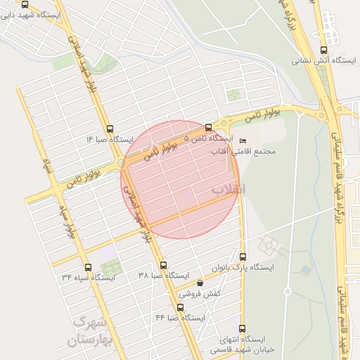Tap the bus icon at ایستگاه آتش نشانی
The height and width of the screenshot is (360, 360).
pyautogui.click(x=323, y=50)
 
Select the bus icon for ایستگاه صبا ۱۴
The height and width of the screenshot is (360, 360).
pyautogui.click(x=109, y=129)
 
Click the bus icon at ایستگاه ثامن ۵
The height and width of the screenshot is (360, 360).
pyautogui.click(x=207, y=127)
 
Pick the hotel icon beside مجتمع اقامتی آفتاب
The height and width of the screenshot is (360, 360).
pyautogui.click(x=243, y=140)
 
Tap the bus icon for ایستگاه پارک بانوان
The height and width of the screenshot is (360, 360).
pyautogui.click(x=243, y=257)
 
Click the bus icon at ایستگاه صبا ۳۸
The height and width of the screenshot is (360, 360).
pyautogui.click(x=164, y=265)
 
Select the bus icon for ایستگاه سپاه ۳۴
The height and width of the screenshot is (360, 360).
pyautogui.click(x=88, y=266)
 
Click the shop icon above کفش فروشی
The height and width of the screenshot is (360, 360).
pyautogui.click(x=200, y=283)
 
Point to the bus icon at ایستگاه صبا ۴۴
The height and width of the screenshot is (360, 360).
pyautogui.click(x=181, y=307)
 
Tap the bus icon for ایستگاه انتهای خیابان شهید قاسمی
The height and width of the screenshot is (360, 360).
pyautogui.click(x=243, y=328)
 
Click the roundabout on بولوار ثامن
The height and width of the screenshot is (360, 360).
pyautogui.click(x=323, y=115)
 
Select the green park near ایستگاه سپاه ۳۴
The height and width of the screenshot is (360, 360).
pyautogui.click(x=110, y=267)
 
